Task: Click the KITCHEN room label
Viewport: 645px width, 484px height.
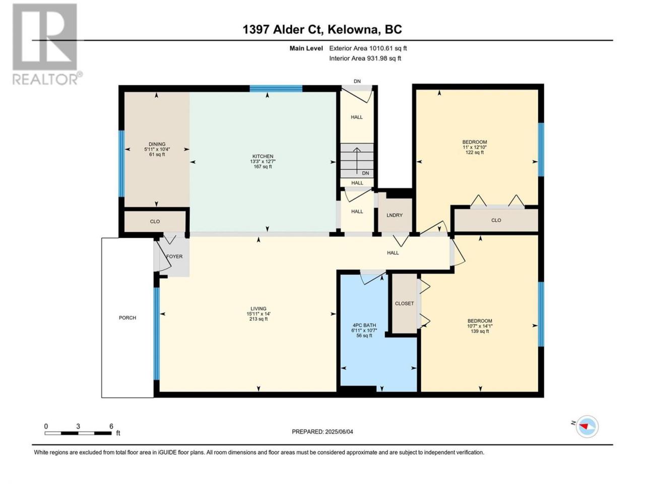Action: [x=263, y=156]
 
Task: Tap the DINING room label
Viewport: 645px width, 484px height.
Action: [x=157, y=144]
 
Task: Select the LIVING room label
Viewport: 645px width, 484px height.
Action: [x=259, y=309]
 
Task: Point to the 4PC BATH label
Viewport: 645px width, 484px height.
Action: [x=364, y=325]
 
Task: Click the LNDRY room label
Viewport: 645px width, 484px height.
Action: [x=395, y=215]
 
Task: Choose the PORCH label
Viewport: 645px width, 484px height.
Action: [x=127, y=318]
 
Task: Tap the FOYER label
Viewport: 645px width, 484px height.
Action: [x=174, y=256]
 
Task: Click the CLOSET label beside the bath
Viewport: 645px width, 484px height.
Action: [x=404, y=304]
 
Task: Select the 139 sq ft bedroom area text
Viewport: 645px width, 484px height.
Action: [x=480, y=331]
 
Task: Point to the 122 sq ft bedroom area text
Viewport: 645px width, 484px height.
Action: [x=475, y=152]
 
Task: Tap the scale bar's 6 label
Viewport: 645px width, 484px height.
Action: [x=111, y=427]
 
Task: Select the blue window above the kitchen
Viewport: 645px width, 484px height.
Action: [x=276, y=88]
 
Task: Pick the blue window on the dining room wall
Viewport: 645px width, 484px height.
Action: [x=121, y=163]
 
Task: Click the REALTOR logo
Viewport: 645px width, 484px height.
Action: [x=46, y=44]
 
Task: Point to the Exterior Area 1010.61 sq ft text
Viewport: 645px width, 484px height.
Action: [x=368, y=48]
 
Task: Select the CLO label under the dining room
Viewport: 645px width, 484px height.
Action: [x=155, y=221]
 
